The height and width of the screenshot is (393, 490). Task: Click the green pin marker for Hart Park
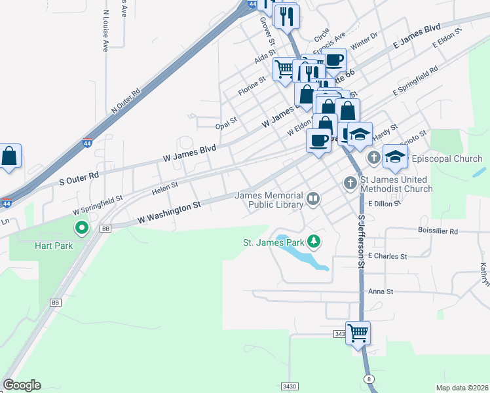coord(82,229)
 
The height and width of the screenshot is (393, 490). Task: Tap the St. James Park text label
coord(274,242)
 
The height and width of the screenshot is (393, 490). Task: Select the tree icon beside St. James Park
coord(314,242)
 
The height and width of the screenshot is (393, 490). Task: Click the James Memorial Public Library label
coord(269,200)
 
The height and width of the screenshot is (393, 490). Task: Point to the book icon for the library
coord(313,199)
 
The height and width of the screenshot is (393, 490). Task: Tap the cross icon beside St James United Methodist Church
coord(350,183)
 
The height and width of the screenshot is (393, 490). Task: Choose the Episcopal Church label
coord(447,159)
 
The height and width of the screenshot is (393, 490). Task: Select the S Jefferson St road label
coord(360,242)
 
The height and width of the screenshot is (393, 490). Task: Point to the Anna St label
coord(380,291)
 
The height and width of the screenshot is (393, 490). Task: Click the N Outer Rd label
coord(126,101)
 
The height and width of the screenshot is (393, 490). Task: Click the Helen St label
coord(164,189)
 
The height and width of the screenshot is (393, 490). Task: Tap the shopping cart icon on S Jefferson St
coord(358,332)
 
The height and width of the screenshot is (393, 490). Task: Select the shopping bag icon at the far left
coord(9,156)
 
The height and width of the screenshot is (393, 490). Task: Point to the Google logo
coord(22,385)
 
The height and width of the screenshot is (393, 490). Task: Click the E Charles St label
coord(388,256)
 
